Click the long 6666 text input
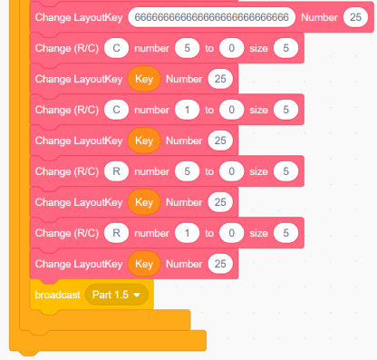click(x=211, y=17)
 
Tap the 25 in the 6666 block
click(x=355, y=17)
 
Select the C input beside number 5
click(x=116, y=48)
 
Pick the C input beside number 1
click(x=116, y=110)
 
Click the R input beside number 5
click(x=116, y=171)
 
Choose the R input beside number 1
click(x=116, y=233)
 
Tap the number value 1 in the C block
click(x=187, y=110)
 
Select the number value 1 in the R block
click(x=187, y=233)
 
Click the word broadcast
click(x=57, y=295)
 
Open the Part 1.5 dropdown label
click(x=111, y=295)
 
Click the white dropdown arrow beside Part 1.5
click(x=137, y=295)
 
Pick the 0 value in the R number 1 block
click(x=231, y=233)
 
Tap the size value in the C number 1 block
click(x=285, y=110)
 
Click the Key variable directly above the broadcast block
click(x=144, y=264)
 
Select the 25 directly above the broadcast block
click(x=220, y=264)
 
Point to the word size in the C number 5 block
click(x=258, y=48)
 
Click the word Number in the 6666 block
click(x=319, y=17)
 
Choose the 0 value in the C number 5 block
click(x=231, y=48)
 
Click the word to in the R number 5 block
click(x=209, y=171)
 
